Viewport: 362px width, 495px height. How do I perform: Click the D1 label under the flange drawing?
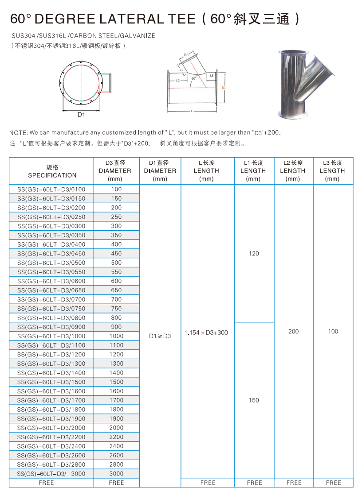[81, 115]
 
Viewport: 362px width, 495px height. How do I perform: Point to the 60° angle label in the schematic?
[193, 78]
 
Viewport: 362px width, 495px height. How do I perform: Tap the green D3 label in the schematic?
[186, 55]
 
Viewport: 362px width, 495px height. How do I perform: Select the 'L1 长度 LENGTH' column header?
[254, 171]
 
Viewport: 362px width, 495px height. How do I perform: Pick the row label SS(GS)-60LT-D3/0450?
[51, 254]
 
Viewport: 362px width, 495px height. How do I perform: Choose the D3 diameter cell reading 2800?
[116, 464]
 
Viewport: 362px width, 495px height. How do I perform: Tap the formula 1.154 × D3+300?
[206, 333]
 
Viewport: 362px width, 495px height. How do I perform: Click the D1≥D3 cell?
[160, 336]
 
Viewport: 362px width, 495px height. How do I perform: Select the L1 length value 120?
[254, 254]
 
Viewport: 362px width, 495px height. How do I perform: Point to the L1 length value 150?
[254, 400]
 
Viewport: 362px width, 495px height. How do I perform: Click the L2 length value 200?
[294, 332]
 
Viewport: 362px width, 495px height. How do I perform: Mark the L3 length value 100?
[333, 332]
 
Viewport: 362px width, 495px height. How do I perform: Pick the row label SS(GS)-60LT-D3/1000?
[51, 336]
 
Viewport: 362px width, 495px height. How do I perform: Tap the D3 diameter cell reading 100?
[116, 189]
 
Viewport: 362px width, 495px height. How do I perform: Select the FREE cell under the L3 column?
[333, 483]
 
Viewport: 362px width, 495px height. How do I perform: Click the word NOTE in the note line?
[18, 132]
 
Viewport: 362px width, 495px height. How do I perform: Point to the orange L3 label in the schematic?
[212, 76]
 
